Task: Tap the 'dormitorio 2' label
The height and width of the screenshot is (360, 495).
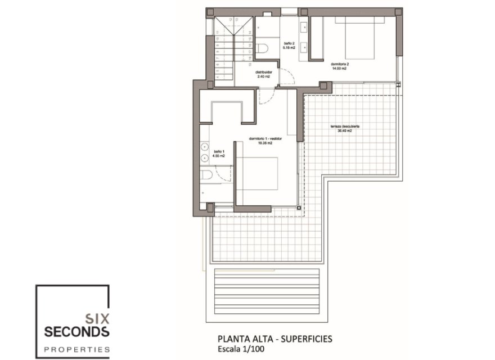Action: point(340,64)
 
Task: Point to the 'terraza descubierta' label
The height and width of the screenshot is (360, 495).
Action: point(345,127)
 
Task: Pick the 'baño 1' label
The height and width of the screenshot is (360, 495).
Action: point(219,151)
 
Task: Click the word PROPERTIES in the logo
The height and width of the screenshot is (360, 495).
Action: point(76,349)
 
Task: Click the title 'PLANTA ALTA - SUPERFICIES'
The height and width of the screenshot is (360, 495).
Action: point(274,339)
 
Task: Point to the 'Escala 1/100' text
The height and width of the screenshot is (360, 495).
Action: point(244,349)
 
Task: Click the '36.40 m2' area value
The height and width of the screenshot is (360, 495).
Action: point(344,131)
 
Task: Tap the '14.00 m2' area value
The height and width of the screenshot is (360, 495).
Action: point(339,69)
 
